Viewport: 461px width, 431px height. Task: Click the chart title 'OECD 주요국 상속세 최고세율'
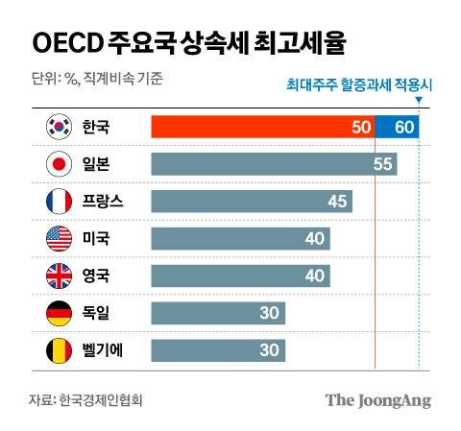pyautogui.click(x=190, y=42)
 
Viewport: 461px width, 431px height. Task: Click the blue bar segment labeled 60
pyautogui.click(x=397, y=127)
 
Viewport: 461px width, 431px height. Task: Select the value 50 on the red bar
pyautogui.click(x=362, y=127)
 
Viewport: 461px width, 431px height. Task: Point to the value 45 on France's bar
pyautogui.click(x=338, y=202)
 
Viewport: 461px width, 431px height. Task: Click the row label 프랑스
pyautogui.click(x=104, y=202)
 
